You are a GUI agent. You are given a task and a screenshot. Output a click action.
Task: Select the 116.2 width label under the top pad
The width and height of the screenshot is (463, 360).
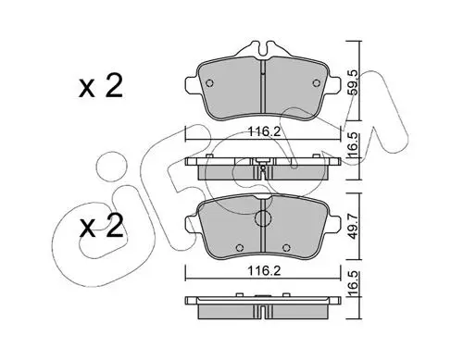(264, 132)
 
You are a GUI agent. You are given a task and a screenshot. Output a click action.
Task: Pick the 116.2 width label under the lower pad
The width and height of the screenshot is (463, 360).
(264, 271)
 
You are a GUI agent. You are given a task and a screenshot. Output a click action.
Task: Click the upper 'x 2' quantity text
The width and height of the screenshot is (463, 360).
(101, 87)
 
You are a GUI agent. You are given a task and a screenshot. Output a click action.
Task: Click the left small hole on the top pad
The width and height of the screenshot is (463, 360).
(209, 83)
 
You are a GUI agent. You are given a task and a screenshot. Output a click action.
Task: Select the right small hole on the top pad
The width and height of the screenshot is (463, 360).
(316, 83)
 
